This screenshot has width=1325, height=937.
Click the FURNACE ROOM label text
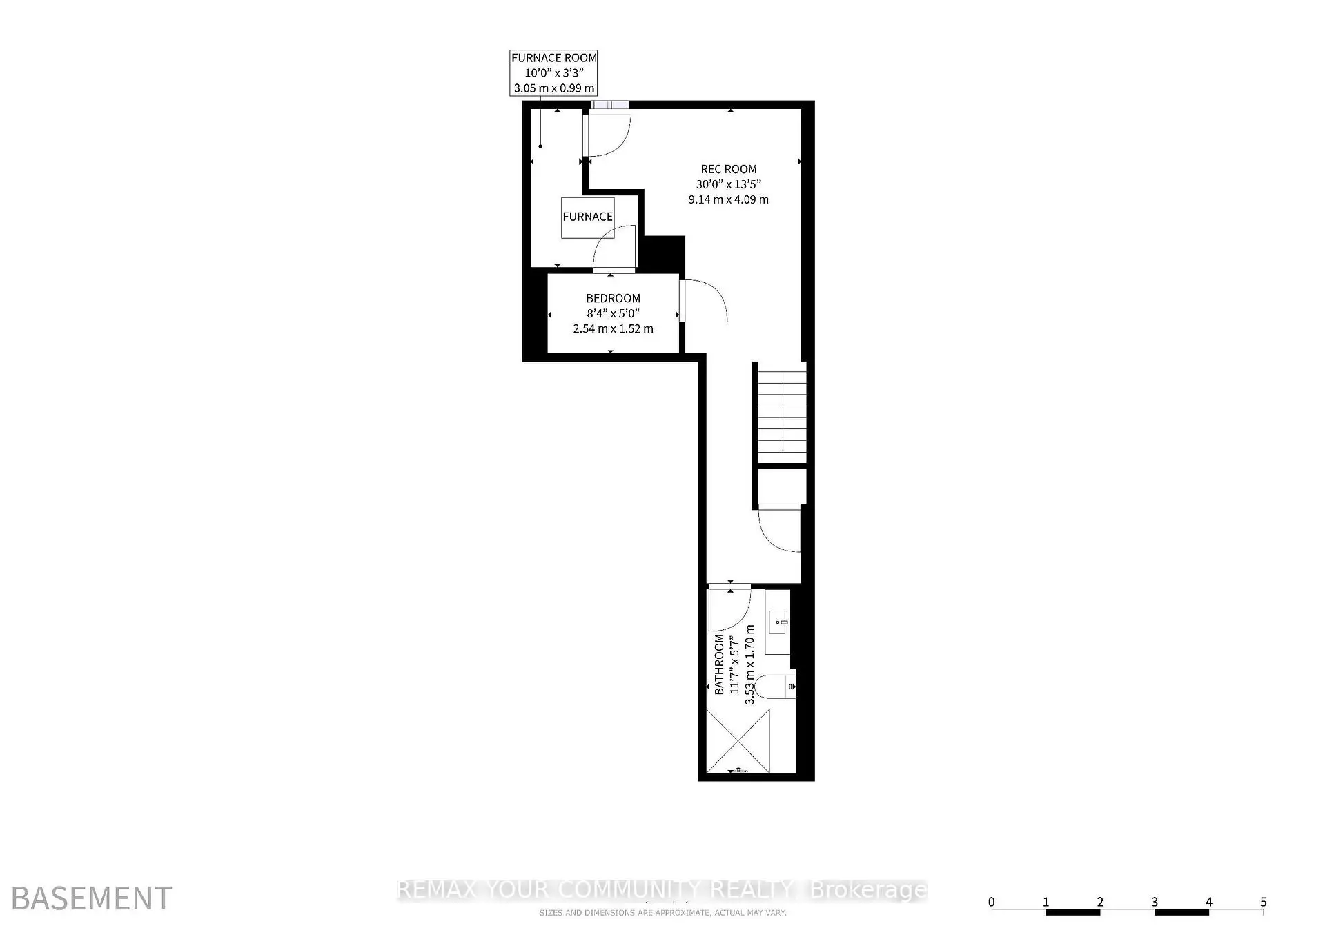pos(553,58)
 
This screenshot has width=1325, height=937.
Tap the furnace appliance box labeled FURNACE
pos(587,217)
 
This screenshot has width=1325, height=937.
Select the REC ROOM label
pos(729,169)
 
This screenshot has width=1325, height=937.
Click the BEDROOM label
pos(613,298)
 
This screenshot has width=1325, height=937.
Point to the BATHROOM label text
pos(719,664)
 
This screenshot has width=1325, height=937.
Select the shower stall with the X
pos(738,741)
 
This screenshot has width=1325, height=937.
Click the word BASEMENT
pos(92,898)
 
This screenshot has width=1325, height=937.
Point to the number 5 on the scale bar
pos(1263,902)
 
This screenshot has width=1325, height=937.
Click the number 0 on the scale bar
pos(992,902)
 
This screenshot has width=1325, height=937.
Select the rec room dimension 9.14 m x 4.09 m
pos(728,199)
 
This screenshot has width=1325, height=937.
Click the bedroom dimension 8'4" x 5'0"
pos(613,313)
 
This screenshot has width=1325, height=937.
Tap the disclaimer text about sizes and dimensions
pos(662,913)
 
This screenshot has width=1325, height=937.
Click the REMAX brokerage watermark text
pos(662,890)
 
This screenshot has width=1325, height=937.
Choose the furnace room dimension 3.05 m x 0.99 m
pos(553,88)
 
